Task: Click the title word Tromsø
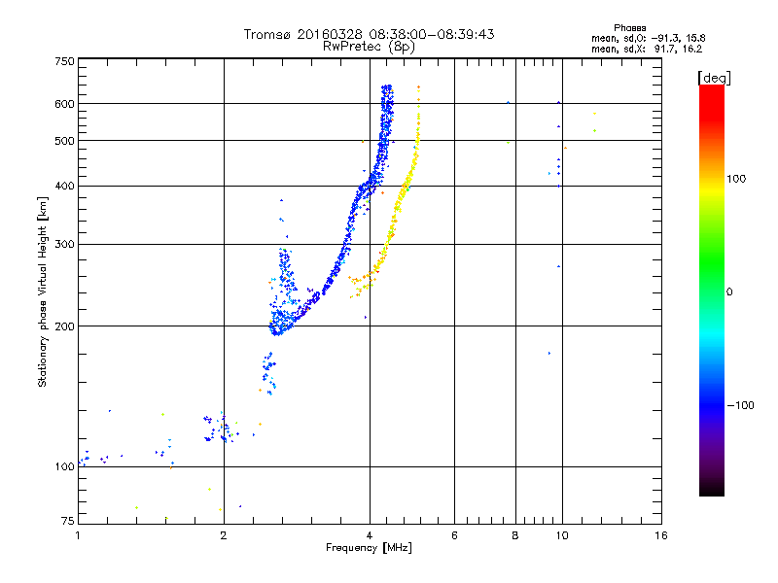point(268,34)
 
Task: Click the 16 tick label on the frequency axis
point(661,535)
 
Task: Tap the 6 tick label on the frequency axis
point(454,535)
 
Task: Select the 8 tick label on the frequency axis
point(515,535)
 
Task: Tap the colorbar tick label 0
point(728,291)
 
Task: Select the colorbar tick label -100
point(738,405)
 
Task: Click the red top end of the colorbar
point(711,89)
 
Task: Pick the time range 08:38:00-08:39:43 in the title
point(424,34)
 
